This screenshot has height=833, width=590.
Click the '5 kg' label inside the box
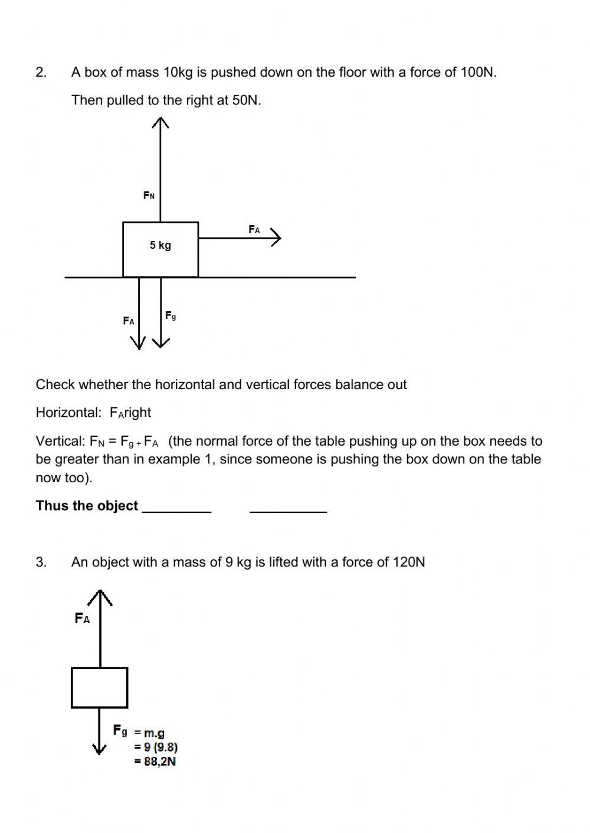[160, 245]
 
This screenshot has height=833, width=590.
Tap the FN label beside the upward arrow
[149, 195]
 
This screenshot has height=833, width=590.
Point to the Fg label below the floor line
[171, 316]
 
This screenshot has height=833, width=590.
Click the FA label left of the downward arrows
[129, 321]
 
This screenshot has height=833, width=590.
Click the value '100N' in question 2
[477, 73]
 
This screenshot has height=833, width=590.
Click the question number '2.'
[41, 73]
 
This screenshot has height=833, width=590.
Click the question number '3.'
[41, 562]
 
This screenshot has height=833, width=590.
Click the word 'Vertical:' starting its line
[60, 441]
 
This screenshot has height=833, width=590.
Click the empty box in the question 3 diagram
[99, 687]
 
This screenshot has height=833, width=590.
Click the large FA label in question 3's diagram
[83, 618]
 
